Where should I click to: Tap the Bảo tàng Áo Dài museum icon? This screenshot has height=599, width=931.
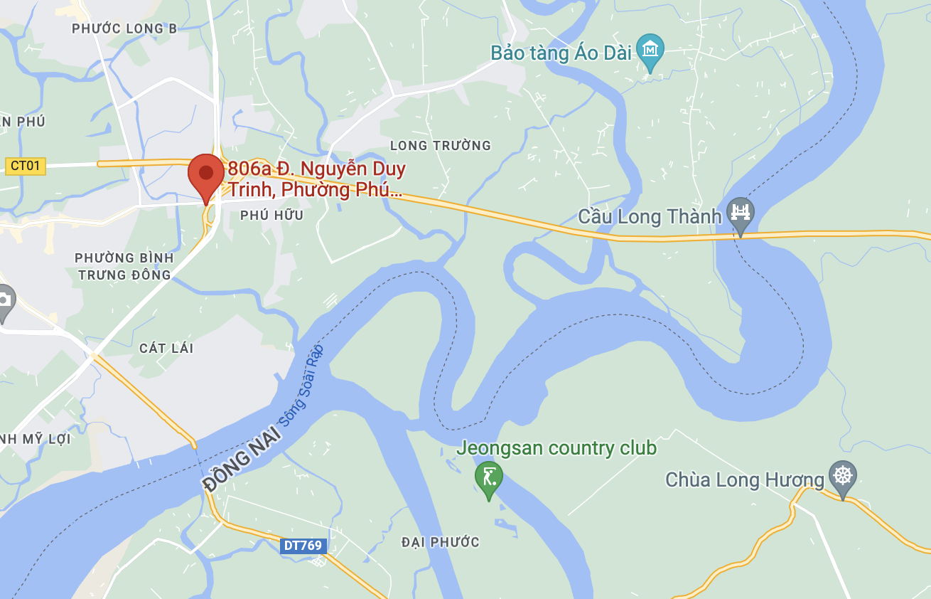[650, 51]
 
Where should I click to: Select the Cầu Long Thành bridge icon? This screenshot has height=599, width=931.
[741, 213]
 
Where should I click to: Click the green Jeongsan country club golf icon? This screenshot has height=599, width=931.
[488, 477]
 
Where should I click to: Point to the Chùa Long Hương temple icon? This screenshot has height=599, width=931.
[843, 477]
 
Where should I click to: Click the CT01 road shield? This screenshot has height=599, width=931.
[25, 166]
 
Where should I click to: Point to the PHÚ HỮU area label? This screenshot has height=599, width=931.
[271, 215]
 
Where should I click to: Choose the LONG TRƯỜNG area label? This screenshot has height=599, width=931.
[440, 146]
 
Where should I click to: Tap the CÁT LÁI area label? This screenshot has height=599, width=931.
[166, 348]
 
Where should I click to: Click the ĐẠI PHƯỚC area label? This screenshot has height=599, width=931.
[440, 542]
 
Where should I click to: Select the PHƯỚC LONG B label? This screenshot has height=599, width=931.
[124, 28]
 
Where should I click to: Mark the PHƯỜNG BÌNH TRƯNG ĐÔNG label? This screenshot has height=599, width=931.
[124, 266]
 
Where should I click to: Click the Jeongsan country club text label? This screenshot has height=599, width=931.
[556, 448]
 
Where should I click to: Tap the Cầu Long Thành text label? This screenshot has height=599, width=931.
[650, 216]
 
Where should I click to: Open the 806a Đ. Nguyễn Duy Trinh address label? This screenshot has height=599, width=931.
[316, 179]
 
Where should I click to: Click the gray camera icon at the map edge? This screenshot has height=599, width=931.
[4, 302]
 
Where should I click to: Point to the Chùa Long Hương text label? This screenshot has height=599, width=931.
[744, 479]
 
